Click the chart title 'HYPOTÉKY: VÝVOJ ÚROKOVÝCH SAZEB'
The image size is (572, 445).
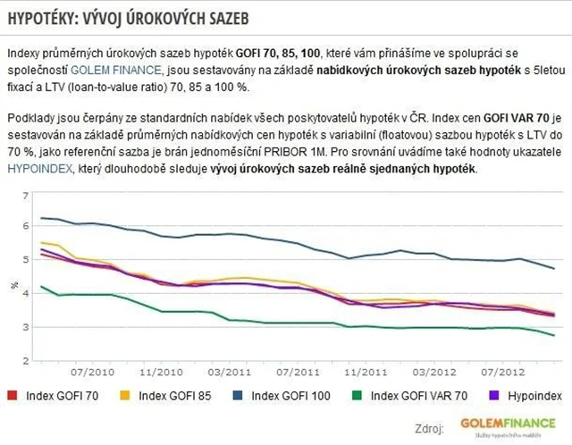point(128,18)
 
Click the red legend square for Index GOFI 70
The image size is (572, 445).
point(13,394)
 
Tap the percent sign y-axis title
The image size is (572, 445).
point(14,285)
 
